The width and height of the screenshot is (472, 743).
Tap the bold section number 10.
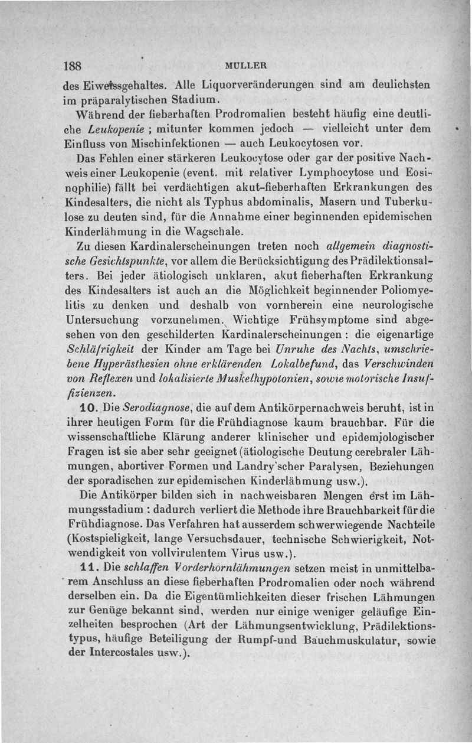(x=80, y=408)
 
